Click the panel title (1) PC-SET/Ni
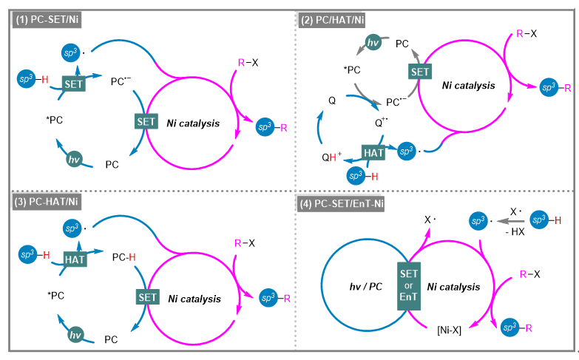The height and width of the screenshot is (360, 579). [47, 21]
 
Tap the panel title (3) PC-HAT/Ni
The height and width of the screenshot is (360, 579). [47, 202]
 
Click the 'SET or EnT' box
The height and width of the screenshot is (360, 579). [407, 283]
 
